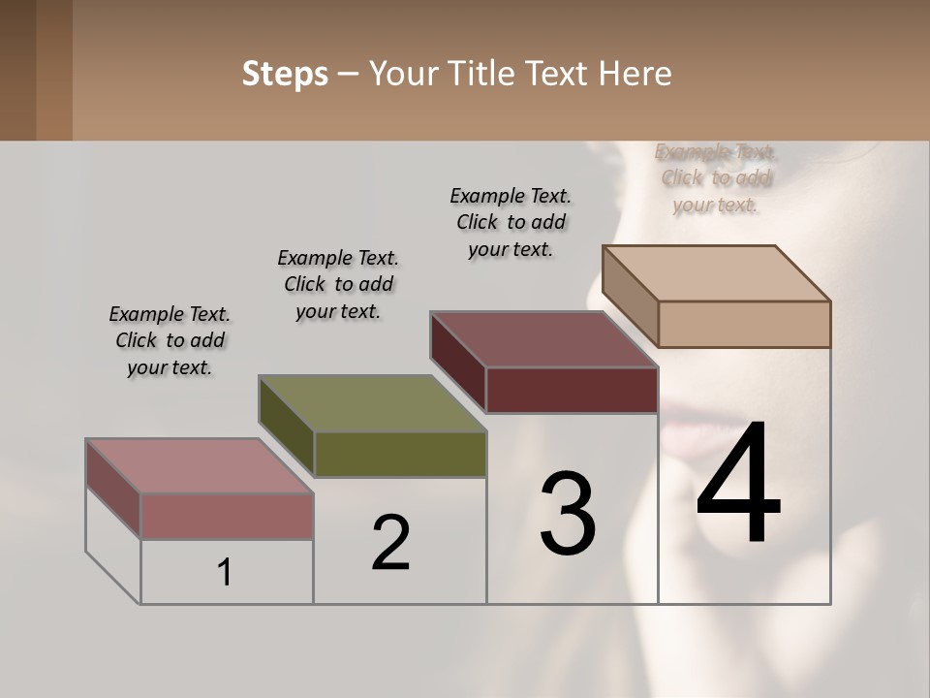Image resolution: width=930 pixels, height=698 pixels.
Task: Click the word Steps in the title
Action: pos(285,74)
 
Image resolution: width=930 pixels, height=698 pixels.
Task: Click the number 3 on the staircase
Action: pos(568,514)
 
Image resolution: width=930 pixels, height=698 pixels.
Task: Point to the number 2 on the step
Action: pos(390,543)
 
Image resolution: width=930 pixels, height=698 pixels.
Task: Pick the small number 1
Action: pos(225,573)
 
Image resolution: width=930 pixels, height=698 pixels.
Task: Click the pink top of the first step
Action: pos(199,465)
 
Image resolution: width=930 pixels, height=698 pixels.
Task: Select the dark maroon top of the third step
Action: pos(543,339)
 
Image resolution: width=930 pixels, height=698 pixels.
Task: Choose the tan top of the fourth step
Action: pos(716,272)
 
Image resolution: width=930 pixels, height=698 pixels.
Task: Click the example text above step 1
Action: pos(170,340)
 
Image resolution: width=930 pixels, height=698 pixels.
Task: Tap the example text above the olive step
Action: pos(338,284)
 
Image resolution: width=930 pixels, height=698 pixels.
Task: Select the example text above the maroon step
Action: pos(511,222)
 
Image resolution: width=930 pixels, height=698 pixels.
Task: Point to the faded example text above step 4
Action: pos(716,178)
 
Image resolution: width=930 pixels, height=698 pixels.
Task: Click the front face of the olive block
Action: pos(400,455)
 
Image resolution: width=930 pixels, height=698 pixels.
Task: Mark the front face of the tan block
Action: pos(744,324)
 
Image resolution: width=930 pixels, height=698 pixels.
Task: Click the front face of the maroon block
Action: pos(572,391)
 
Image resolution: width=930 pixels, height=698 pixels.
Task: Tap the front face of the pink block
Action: pos(227,516)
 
